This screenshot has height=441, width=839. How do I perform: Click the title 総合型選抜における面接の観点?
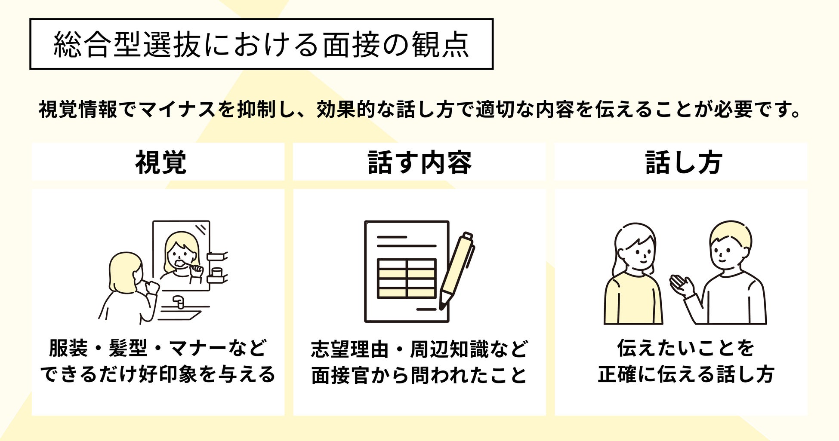[x=261, y=44]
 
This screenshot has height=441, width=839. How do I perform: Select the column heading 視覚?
[x=160, y=162]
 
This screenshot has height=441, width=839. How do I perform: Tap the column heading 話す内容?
[x=419, y=162]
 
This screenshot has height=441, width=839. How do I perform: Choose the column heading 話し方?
[x=683, y=162]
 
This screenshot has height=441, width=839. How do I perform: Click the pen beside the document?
[x=457, y=271]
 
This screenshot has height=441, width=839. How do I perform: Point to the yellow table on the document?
[x=407, y=279]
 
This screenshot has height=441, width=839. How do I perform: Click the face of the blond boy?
[x=726, y=251]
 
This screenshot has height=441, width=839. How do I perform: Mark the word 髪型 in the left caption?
[x=128, y=348]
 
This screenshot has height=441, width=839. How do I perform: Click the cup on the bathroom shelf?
[x=217, y=272]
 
